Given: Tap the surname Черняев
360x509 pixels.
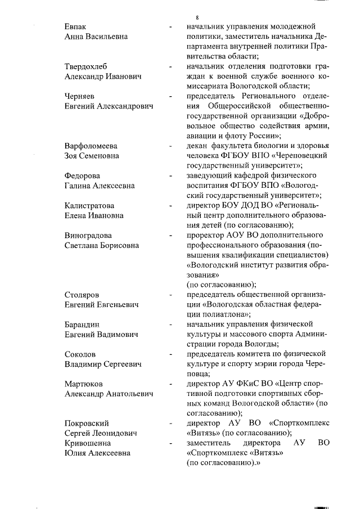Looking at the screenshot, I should click(x=80, y=96).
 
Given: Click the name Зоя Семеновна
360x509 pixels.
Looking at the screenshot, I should click(x=92, y=156).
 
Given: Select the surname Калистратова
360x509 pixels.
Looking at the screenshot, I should click(x=90, y=205).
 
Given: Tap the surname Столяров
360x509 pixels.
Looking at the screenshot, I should click(x=83, y=295).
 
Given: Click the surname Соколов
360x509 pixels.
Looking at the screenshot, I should click(x=80, y=354).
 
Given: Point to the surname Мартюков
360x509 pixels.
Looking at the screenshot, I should click(x=84, y=384).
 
